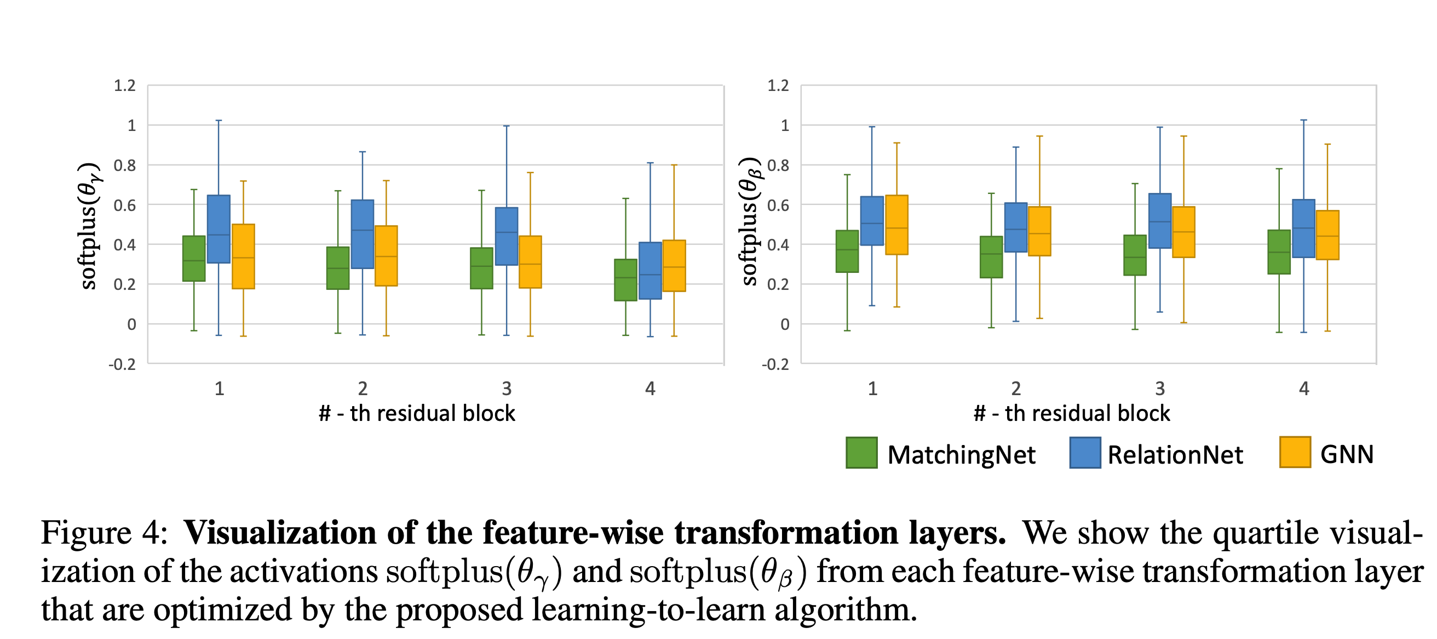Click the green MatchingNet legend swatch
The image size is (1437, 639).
pyautogui.click(x=861, y=453)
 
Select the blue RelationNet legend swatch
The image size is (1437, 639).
pyautogui.click(x=1084, y=453)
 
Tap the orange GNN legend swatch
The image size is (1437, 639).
pyautogui.click(x=1295, y=452)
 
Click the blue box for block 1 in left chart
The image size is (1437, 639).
pyautogui.click(x=219, y=229)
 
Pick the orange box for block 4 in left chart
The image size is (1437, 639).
pyautogui.click(x=674, y=266)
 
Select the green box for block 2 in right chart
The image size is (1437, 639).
pyautogui.click(x=991, y=256)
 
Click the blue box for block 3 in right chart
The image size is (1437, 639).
pyautogui.click(x=1160, y=221)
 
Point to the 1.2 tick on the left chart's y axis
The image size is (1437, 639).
pyautogui.click(x=124, y=85)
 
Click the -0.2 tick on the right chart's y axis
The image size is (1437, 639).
pyautogui.click(x=775, y=364)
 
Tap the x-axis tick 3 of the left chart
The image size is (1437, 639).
pyautogui.click(x=507, y=389)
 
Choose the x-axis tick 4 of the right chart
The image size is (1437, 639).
pyautogui.click(x=1304, y=389)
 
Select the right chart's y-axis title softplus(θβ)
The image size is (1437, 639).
pyautogui.click(x=750, y=221)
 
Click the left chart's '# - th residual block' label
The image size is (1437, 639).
pyautogui.click(x=417, y=414)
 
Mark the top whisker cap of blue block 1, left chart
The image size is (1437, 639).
pyautogui.click(x=219, y=121)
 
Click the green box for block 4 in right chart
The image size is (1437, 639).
pyautogui.click(x=1279, y=252)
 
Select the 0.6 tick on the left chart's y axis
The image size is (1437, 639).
pyautogui.click(x=124, y=206)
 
